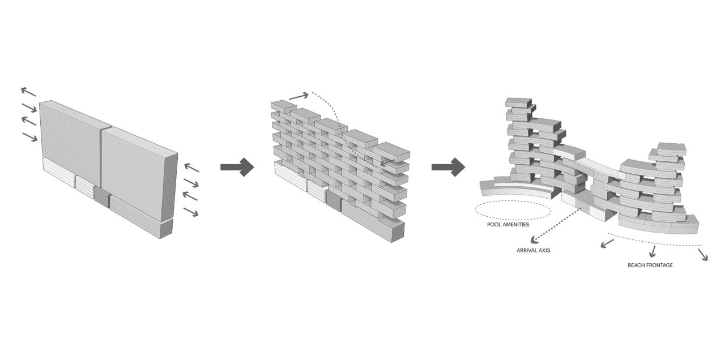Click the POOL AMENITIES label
[x=507, y=225]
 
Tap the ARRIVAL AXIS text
[x=532, y=250]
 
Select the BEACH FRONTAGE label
[x=650, y=265]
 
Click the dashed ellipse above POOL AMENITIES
[x=512, y=210]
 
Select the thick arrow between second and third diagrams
[x=448, y=167]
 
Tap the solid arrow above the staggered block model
[x=299, y=96]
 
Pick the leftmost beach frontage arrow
[x=607, y=243]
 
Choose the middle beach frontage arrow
[x=653, y=251]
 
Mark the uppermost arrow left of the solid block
[x=28, y=92]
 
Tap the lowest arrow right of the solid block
[x=191, y=212]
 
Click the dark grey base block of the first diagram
[x=102, y=198]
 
